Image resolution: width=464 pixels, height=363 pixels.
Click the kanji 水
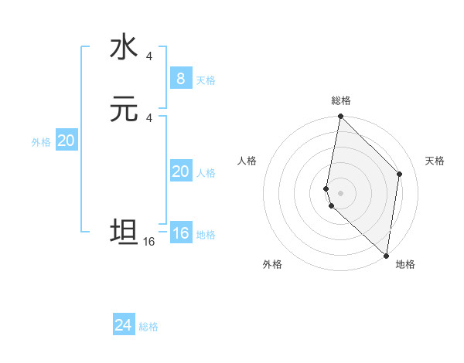pos(123,48)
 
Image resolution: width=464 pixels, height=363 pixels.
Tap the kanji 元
pos(123,110)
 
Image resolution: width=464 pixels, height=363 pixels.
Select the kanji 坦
pos(123,232)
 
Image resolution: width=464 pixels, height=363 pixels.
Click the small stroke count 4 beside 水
pos(148,56)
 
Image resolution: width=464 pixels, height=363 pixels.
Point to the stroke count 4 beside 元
pos(148,117)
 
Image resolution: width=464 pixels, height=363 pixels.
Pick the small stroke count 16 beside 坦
pos(148,242)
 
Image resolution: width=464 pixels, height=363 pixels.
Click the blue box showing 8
pos(180,79)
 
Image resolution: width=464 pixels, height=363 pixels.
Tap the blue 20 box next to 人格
pos(180,171)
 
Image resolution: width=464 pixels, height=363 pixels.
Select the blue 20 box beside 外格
pos(67,141)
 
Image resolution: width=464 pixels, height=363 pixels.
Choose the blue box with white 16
pos(180,233)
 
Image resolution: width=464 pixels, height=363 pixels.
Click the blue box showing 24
pos(124,325)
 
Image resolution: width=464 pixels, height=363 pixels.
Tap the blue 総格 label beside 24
pos(148,327)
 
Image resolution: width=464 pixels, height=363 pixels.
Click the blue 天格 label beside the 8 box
pos(206,80)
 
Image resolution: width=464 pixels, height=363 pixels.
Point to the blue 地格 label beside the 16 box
pos(206,235)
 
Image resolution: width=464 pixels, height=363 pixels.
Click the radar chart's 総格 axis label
pos(341,100)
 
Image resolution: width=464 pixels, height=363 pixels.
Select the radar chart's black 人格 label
pos(247,161)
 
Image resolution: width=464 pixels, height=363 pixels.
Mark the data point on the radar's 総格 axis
pos(340,117)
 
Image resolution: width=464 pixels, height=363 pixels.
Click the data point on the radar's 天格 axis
pos(400,174)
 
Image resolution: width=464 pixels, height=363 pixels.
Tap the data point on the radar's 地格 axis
pos(386,255)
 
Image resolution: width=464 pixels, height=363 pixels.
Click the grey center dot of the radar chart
pos(340,192)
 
